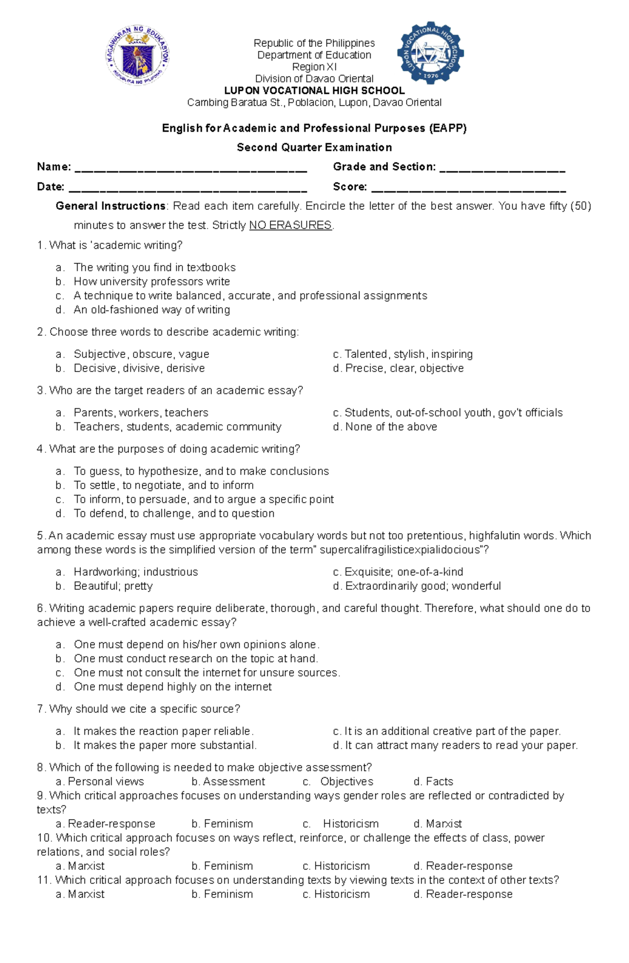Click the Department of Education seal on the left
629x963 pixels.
[138, 56]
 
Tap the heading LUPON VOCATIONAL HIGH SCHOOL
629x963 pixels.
[314, 91]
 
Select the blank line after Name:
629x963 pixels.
[191, 170]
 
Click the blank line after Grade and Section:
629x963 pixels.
[502, 170]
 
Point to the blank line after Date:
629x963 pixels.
[188, 189]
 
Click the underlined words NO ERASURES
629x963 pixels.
[290, 226]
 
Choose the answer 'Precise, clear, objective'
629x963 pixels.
[404, 368]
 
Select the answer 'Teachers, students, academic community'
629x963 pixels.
[177, 427]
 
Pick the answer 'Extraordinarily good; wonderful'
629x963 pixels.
[422, 586]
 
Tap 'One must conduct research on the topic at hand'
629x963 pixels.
[196, 659]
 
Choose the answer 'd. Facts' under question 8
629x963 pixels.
[433, 782]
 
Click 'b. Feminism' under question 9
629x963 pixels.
[222, 824]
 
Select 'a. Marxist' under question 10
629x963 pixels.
[80, 866]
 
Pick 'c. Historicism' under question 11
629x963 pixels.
[336, 894]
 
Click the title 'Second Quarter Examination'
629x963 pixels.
[314, 147]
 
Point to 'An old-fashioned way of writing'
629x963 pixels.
[151, 310]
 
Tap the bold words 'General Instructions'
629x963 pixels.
[111, 206]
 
